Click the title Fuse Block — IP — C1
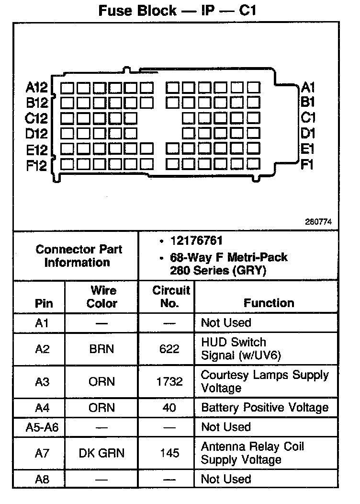[x=178, y=11]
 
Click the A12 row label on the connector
[x=36, y=88]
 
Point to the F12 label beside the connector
[x=36, y=166]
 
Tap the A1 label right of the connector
[x=308, y=87]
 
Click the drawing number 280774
[x=318, y=222]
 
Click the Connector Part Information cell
[x=79, y=256]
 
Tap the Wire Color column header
[x=101, y=297]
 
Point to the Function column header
[x=269, y=303]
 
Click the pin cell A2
[x=42, y=349]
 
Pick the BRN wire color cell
[x=101, y=349]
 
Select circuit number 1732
[x=169, y=382]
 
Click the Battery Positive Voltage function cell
[x=265, y=408]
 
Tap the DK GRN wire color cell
[x=101, y=453]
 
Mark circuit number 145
[x=169, y=453]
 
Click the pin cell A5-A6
[x=42, y=427]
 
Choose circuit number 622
[x=169, y=349]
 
